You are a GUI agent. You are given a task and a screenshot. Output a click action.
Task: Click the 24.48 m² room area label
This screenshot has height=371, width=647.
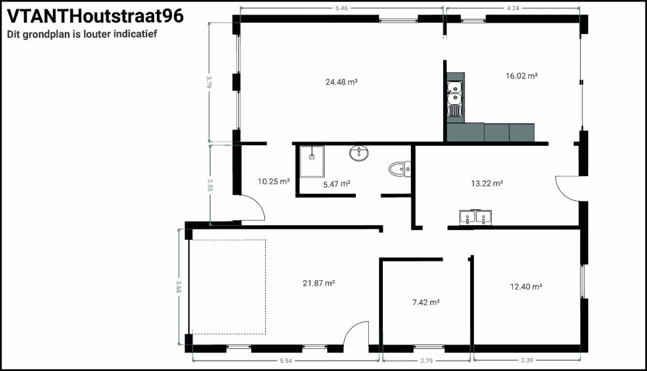pyautogui.click(x=342, y=82)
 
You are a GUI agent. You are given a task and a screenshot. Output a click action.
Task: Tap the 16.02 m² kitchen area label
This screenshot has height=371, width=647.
pyautogui.click(x=522, y=76)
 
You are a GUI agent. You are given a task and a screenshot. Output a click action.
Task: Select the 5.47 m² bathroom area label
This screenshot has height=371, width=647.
pyautogui.click(x=337, y=184)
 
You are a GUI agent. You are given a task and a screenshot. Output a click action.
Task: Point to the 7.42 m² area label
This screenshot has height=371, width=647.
pyautogui.click(x=426, y=302)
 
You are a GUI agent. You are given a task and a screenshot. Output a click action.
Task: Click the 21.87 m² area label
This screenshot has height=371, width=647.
pyautogui.click(x=319, y=283)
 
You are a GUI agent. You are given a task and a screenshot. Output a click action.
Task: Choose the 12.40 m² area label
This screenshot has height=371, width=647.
pyautogui.click(x=526, y=287)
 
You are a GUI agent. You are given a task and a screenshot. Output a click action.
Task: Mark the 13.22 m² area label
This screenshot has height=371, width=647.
pyautogui.click(x=487, y=183)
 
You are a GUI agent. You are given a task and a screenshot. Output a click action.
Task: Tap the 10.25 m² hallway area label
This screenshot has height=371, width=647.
pyautogui.click(x=273, y=181)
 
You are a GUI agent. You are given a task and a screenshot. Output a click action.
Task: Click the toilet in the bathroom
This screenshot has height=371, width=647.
pyautogui.click(x=400, y=169)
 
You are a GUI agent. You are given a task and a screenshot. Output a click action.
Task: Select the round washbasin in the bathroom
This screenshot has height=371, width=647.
pyautogui.click(x=359, y=153)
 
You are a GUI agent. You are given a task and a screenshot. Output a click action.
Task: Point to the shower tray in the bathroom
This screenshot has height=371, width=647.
pyautogui.click(x=312, y=161)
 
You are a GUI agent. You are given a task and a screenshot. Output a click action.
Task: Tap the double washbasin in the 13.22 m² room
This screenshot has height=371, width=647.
pyautogui.click(x=476, y=218)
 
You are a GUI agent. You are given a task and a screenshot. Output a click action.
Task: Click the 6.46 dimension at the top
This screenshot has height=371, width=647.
pyautogui.click(x=342, y=8)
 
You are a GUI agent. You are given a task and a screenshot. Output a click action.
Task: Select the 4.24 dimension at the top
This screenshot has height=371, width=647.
pyautogui.click(x=513, y=8)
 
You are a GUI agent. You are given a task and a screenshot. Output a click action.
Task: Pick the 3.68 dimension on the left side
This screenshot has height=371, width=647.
pyautogui.click(x=179, y=287)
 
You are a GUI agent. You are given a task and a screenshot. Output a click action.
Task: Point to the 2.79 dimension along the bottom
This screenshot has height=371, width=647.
pyautogui.click(x=426, y=361)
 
